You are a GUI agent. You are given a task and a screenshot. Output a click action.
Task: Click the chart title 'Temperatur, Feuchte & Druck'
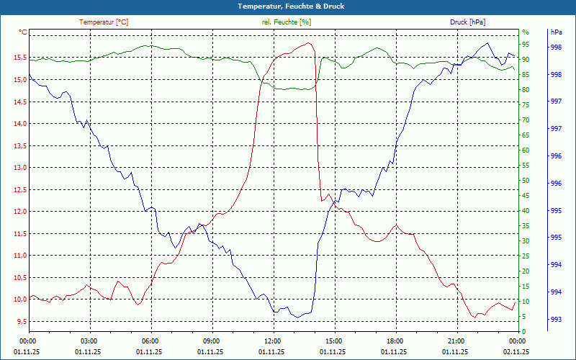287,6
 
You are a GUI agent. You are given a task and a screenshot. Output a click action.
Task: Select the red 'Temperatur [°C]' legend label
104,22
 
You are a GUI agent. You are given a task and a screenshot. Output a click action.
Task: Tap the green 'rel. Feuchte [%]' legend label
287,22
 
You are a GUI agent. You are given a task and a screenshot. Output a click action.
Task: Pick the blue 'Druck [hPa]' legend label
468,22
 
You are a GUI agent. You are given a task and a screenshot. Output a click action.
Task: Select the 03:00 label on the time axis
89,341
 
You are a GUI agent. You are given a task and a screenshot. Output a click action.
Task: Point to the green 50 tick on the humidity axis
526,181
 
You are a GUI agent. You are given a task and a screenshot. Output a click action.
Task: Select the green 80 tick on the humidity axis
526,90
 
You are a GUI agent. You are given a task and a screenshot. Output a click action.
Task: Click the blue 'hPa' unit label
556,32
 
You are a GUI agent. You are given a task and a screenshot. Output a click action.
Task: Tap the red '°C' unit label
23,32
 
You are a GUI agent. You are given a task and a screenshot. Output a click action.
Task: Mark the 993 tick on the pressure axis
556,319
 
